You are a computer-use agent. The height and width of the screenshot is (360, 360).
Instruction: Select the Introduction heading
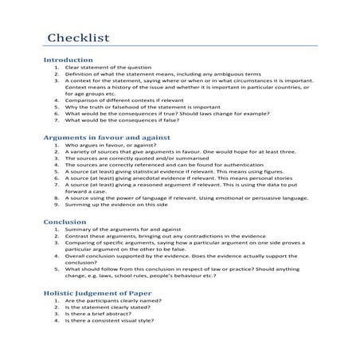68,60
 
